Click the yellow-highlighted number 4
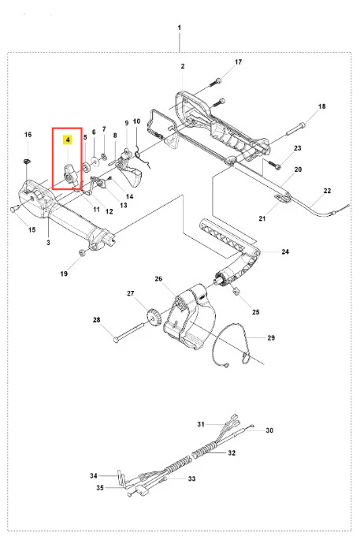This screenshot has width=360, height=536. point(68,140)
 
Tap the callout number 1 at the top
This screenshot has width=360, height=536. point(180,28)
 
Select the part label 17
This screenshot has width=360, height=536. point(239,61)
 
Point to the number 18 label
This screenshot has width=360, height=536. point(321,106)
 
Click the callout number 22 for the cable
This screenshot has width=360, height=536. point(327,191)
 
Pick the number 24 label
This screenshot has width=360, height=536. point(285,251)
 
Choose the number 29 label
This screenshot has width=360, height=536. point(271,337)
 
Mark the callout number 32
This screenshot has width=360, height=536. point(232,452)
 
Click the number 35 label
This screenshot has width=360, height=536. point(100,488)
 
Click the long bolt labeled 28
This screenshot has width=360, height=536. point(129,333)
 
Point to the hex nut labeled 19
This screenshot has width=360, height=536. point(82,252)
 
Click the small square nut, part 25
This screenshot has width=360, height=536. point(236,291)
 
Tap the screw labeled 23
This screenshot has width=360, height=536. point(274,165)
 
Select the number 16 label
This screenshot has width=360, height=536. point(28,134)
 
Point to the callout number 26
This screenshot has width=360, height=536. point(158,279)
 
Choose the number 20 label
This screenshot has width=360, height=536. point(298,169)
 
